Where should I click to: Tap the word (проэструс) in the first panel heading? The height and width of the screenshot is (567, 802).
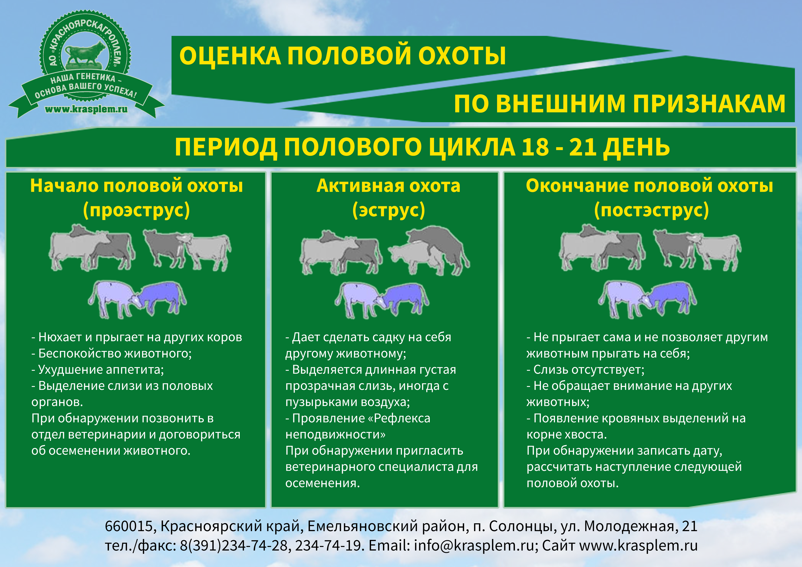(136, 210)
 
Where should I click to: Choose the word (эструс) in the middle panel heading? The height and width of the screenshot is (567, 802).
(388, 210)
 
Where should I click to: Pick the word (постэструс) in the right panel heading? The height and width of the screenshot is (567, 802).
(651, 210)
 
